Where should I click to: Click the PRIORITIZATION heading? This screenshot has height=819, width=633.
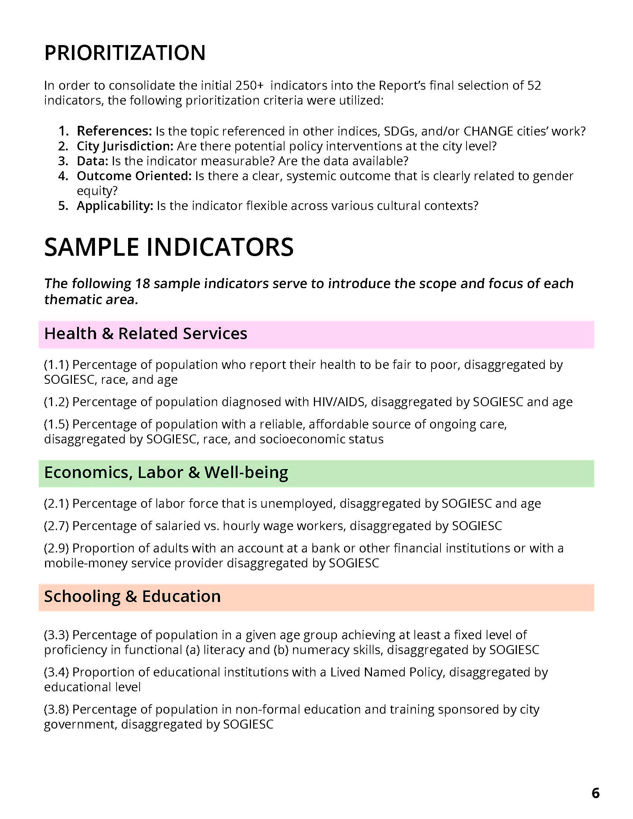(x=125, y=52)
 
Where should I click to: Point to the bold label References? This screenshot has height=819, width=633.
(x=114, y=131)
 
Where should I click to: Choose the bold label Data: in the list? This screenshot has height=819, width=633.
(x=93, y=161)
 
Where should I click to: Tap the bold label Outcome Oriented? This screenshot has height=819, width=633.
(x=134, y=176)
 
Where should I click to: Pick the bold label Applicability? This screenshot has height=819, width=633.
(x=115, y=205)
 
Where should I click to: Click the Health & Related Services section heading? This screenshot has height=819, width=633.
(x=146, y=334)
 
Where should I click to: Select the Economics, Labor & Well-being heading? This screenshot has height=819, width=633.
(x=166, y=472)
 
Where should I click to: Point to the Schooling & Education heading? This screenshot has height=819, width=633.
(x=133, y=597)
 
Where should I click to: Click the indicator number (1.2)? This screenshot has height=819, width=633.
(x=56, y=402)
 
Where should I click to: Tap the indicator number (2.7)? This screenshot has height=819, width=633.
(x=56, y=526)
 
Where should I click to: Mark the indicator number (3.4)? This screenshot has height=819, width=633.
(x=56, y=672)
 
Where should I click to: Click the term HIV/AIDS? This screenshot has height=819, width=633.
(x=338, y=402)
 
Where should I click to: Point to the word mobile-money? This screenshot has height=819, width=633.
(x=86, y=563)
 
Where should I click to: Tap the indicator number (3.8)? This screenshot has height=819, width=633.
(x=56, y=709)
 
